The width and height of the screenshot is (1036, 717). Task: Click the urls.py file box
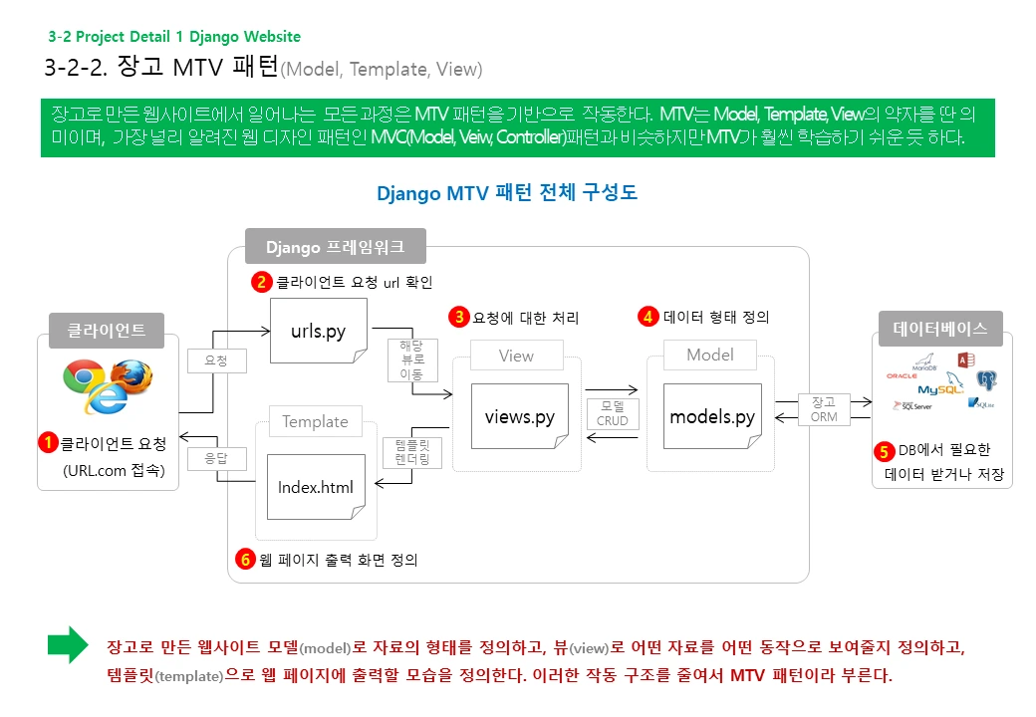pyautogui.click(x=319, y=331)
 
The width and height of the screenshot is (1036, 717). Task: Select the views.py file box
pyautogui.click(x=519, y=416)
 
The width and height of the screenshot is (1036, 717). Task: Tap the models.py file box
pyautogui.click(x=712, y=416)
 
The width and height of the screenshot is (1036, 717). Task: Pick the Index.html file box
pyautogui.click(x=315, y=486)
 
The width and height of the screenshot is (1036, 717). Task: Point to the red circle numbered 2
pyautogui.click(x=261, y=282)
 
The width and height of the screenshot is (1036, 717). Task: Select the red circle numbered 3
pyautogui.click(x=460, y=318)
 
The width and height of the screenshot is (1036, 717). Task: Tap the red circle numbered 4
pyautogui.click(x=648, y=317)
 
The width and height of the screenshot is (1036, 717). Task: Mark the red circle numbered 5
pyautogui.click(x=884, y=450)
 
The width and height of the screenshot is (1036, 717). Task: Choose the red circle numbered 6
pyautogui.click(x=245, y=560)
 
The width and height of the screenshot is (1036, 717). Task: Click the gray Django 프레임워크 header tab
pyautogui.click(x=337, y=246)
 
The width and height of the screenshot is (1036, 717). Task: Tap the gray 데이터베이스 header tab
pyautogui.click(x=940, y=328)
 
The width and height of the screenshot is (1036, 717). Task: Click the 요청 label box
pyautogui.click(x=216, y=360)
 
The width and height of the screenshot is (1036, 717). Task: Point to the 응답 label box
pyautogui.click(x=216, y=459)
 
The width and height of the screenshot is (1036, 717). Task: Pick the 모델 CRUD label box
pyautogui.click(x=613, y=413)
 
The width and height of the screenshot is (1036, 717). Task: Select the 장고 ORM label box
pyautogui.click(x=824, y=409)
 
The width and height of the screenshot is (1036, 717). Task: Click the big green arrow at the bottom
pyautogui.click(x=68, y=645)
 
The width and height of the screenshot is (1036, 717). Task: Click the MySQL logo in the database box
pyautogui.click(x=940, y=388)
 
